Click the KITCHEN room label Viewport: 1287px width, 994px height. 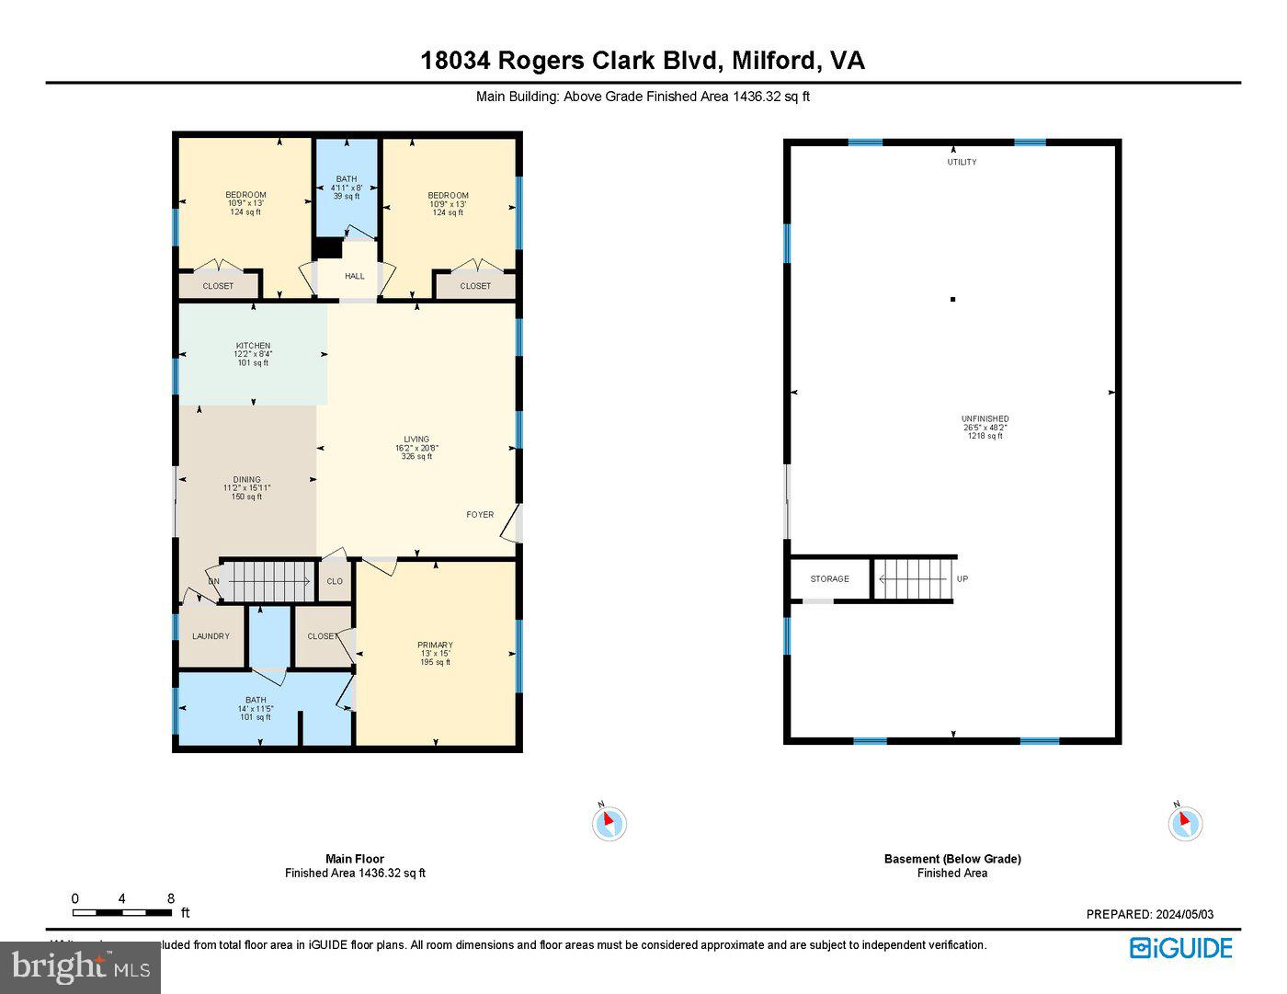pyautogui.click(x=253, y=347)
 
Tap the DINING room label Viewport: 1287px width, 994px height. pyautogui.click(x=246, y=480)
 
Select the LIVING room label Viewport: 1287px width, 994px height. pyautogui.click(x=416, y=440)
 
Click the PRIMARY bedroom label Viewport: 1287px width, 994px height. pyautogui.click(x=435, y=646)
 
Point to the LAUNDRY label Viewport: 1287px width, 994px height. pyautogui.click(x=211, y=636)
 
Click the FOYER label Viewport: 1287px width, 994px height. pyautogui.click(x=480, y=515)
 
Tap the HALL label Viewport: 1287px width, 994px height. pyautogui.click(x=354, y=276)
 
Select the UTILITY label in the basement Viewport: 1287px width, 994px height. pyautogui.click(x=962, y=162)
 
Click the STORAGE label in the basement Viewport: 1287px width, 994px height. pyautogui.click(x=829, y=579)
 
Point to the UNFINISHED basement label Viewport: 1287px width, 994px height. pyautogui.click(x=985, y=419)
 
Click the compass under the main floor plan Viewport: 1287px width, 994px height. pyautogui.click(x=609, y=822)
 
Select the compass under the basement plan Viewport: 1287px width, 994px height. pyautogui.click(x=1185, y=822)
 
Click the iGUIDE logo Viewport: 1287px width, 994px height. pyautogui.click(x=1181, y=948)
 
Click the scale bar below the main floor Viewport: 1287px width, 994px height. pyautogui.click(x=122, y=913)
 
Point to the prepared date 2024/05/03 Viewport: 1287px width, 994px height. pyautogui.click(x=1149, y=914)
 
